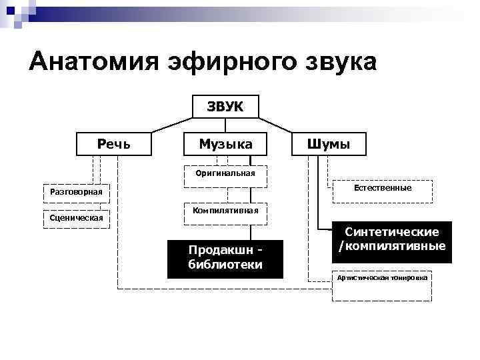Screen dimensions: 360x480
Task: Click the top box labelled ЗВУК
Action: (x=225, y=107)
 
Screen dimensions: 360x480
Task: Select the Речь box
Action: (x=114, y=144)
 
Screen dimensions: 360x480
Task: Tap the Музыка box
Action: (x=225, y=144)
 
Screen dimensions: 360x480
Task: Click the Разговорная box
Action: (x=76, y=193)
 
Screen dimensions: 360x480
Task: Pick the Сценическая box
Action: (x=76, y=218)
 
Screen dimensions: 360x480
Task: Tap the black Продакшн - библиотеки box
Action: (x=225, y=258)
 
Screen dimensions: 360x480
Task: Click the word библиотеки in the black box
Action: (x=225, y=265)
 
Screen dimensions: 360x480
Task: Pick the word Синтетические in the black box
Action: (x=391, y=233)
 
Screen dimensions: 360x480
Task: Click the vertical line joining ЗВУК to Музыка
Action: (x=225, y=125)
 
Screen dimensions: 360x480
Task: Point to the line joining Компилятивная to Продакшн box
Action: (x=251, y=231)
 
